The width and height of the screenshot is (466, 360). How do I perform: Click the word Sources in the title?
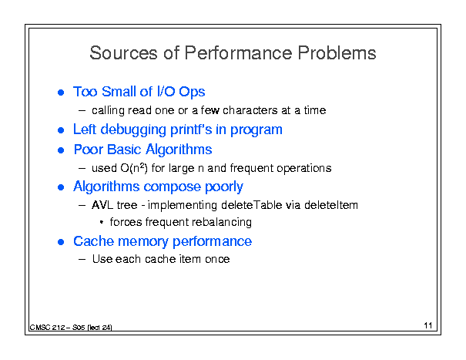(123, 53)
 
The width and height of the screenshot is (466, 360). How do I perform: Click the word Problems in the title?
(337, 53)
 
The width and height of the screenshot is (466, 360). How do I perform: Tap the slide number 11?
(428, 325)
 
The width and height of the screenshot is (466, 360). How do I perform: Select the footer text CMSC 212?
(47, 328)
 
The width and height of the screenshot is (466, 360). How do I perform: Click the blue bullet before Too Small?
(61, 93)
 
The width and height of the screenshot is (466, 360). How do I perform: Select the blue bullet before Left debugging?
(61, 130)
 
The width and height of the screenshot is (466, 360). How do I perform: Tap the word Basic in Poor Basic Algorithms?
(124, 149)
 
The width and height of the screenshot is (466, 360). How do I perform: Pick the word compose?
(172, 187)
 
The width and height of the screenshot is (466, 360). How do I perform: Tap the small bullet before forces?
(102, 222)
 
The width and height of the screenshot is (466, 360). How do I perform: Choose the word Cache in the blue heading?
(94, 241)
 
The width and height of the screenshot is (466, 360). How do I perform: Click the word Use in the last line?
(102, 259)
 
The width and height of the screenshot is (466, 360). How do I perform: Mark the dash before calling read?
(82, 111)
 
